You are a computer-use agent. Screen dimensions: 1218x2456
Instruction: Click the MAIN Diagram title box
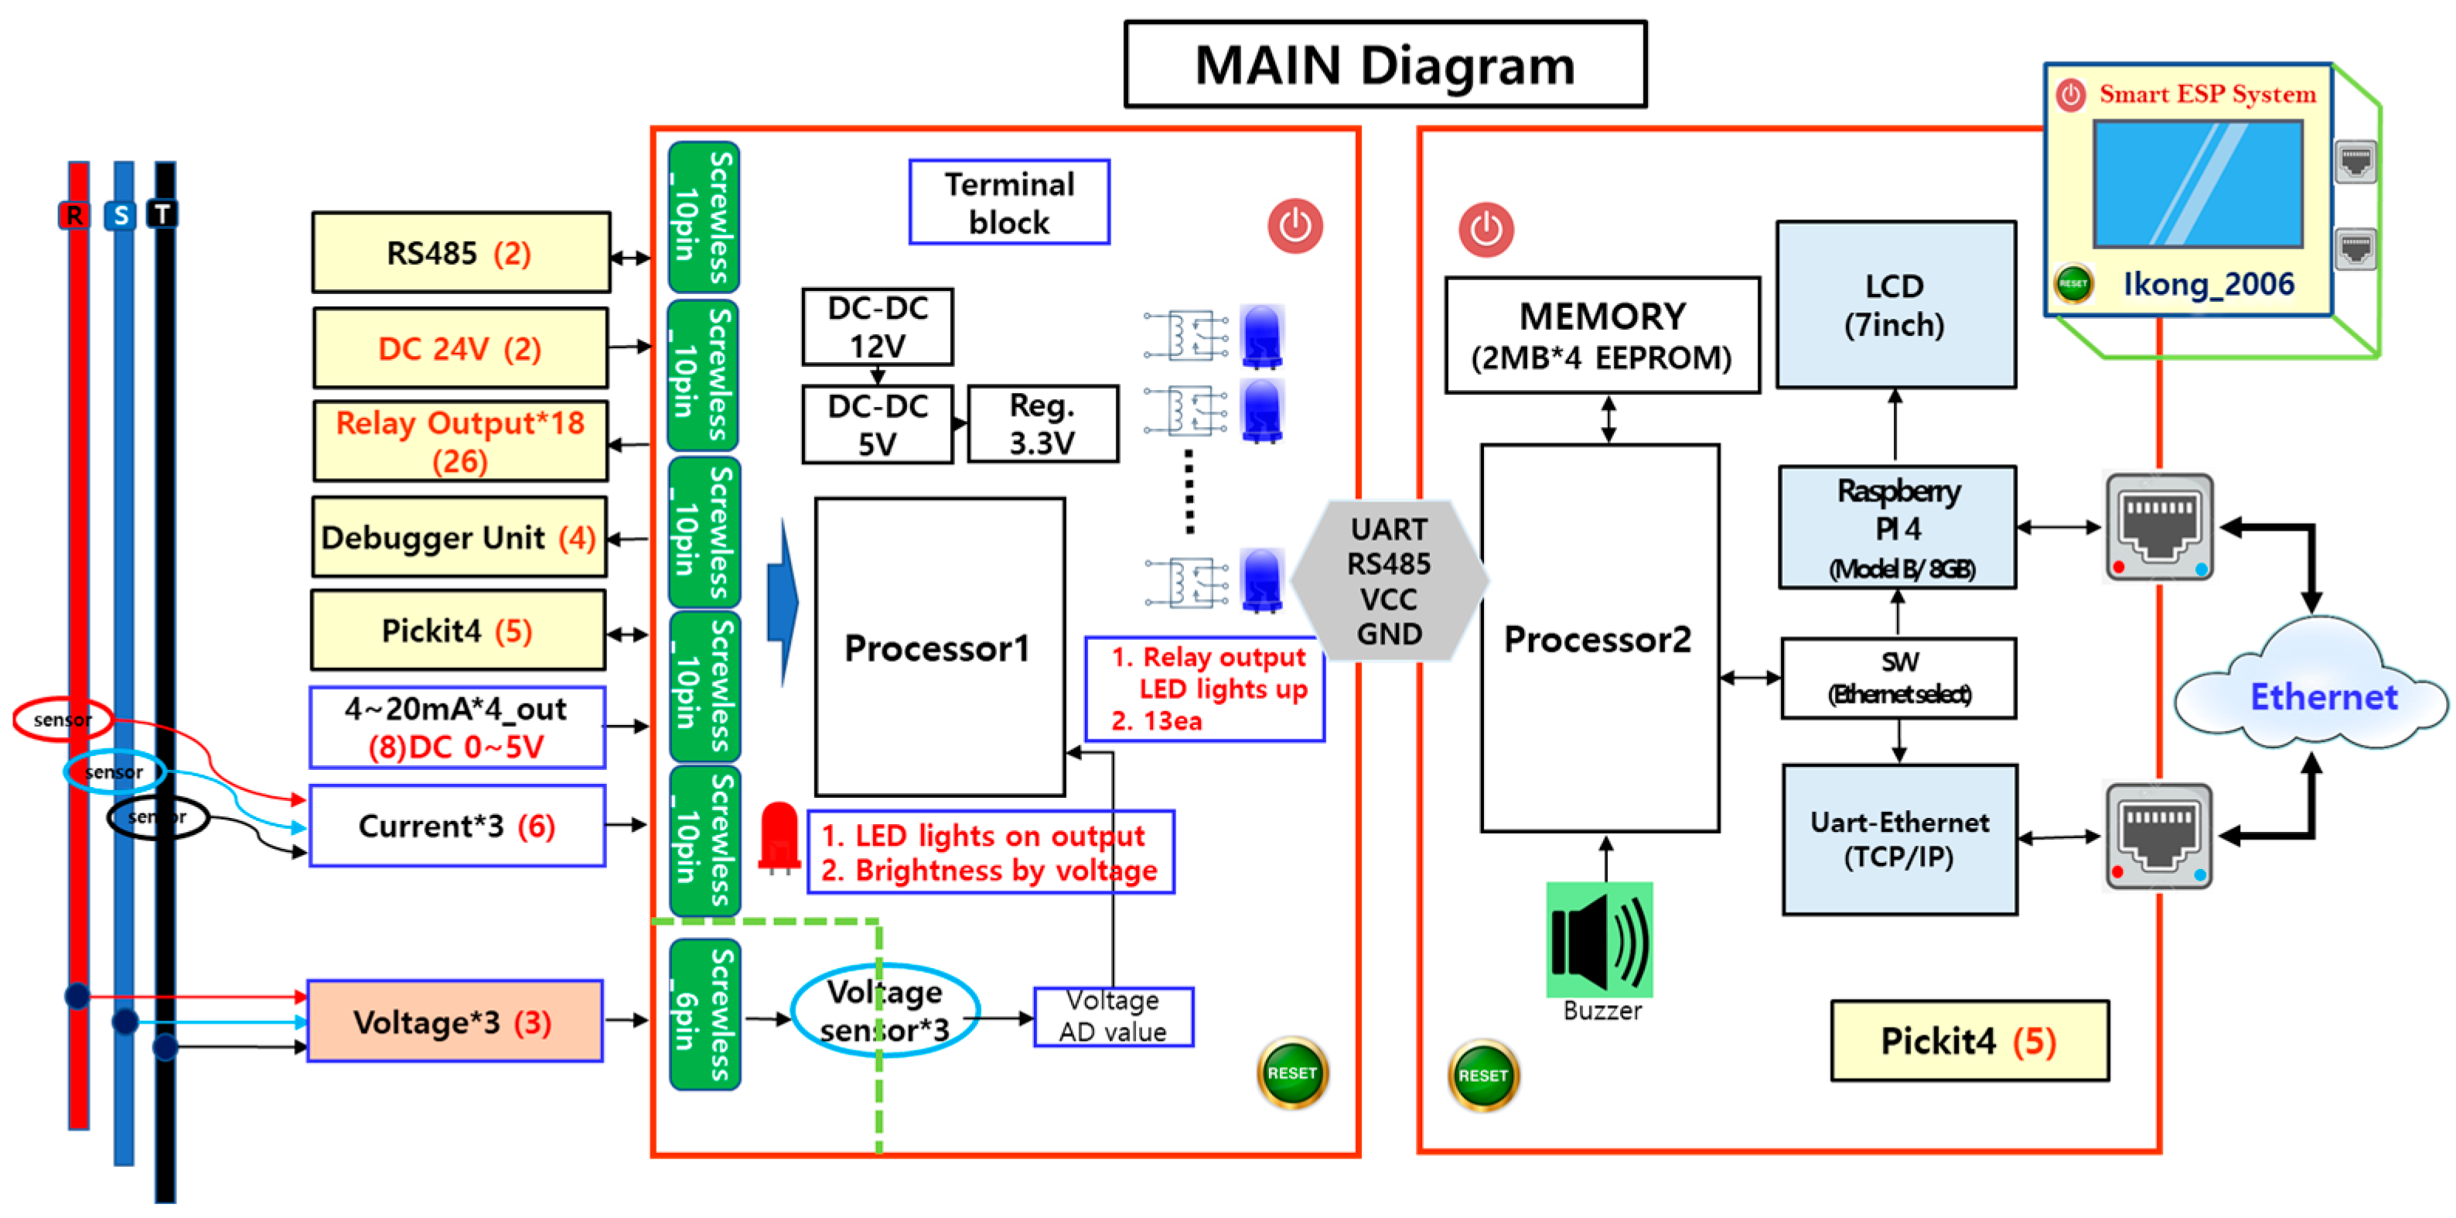(1384, 65)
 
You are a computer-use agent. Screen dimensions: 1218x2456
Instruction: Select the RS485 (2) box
(461, 253)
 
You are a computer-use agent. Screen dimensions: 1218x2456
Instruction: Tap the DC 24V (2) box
(461, 348)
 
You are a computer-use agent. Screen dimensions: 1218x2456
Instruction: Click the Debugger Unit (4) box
(459, 538)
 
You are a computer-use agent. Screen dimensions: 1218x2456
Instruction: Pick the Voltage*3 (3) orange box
(455, 1021)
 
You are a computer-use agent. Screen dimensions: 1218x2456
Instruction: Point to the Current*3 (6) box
(457, 826)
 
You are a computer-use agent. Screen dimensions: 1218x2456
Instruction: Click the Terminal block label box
(1008, 202)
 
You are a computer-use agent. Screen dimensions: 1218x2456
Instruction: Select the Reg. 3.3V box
(1042, 424)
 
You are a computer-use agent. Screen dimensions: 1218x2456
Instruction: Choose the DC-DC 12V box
(877, 327)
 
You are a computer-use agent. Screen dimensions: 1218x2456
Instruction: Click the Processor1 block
(939, 647)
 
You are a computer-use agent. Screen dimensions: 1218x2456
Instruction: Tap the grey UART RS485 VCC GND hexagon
(1388, 581)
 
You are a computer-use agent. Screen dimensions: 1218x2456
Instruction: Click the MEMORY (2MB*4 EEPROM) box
(1602, 336)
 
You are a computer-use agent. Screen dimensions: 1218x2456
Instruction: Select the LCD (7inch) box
(1895, 305)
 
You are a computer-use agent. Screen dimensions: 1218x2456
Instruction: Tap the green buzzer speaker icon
(1599, 939)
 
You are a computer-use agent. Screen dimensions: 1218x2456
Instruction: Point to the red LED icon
(779, 837)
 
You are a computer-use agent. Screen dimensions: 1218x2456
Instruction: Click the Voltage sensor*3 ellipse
(885, 1010)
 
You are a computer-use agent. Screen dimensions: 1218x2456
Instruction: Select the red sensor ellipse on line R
(62, 719)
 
